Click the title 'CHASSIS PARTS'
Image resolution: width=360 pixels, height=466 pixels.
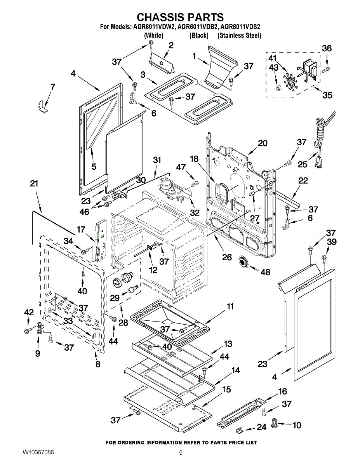(x=180, y=17)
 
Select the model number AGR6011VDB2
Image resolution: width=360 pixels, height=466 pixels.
(x=199, y=27)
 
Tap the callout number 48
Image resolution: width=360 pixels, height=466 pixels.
(x=265, y=272)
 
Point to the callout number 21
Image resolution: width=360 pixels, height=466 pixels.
(x=34, y=183)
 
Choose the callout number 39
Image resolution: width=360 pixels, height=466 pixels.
(x=332, y=242)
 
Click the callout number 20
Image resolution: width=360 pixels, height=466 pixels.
(x=263, y=143)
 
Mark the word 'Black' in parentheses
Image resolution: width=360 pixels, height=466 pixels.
(x=199, y=35)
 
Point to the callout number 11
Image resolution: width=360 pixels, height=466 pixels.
(x=230, y=306)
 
